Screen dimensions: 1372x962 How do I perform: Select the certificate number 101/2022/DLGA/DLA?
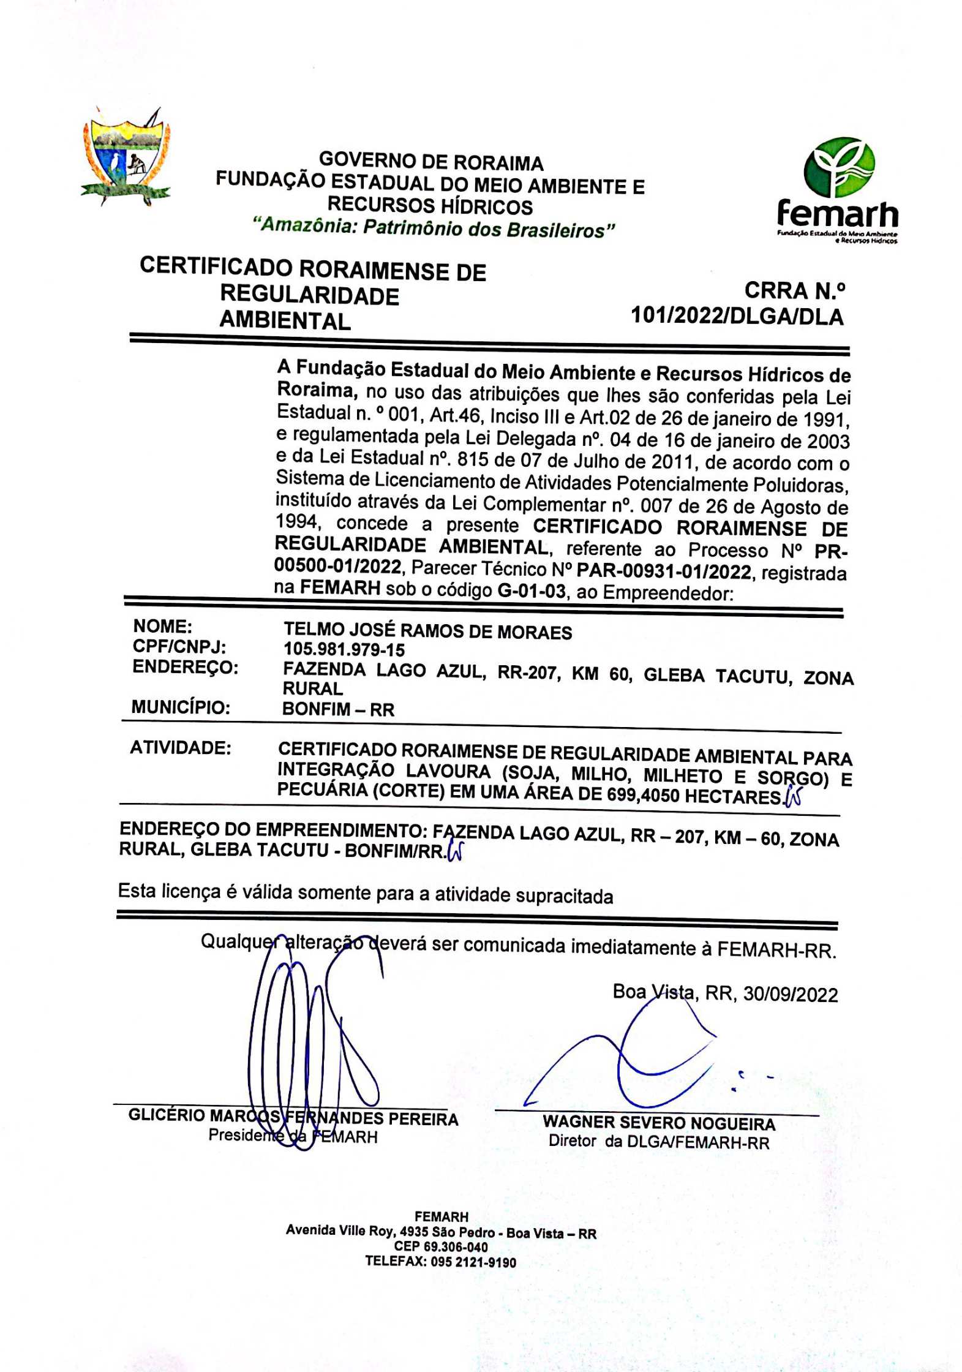(x=737, y=317)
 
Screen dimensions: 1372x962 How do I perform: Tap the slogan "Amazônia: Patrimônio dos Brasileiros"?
(x=434, y=228)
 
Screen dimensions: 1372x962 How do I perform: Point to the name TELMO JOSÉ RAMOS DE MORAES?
(x=427, y=631)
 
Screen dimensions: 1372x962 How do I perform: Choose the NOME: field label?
(x=162, y=627)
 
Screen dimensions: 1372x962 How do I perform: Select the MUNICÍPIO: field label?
(x=181, y=707)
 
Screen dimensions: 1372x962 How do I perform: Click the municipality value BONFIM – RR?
(x=338, y=709)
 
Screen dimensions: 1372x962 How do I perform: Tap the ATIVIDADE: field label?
(x=180, y=748)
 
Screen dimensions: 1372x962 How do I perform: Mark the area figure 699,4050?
(x=643, y=796)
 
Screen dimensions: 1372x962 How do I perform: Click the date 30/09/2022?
(x=790, y=994)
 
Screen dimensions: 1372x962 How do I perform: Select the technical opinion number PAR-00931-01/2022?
(x=664, y=571)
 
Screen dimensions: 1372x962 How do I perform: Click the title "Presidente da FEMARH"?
(x=293, y=1136)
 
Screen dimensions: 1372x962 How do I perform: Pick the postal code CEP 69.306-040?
(x=441, y=1247)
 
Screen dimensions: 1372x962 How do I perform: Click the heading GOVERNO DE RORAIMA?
(x=431, y=162)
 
